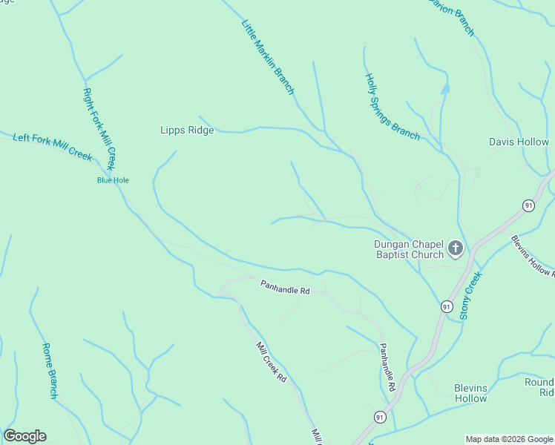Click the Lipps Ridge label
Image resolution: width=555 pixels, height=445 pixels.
tap(187, 131)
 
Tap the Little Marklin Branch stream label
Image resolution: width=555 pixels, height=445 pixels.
tap(268, 57)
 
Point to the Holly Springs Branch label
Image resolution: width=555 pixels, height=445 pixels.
tap(392, 106)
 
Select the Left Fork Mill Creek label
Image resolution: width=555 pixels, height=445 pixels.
tap(53, 146)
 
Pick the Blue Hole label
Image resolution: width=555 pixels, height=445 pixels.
tap(113, 180)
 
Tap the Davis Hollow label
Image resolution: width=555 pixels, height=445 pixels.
tap(519, 142)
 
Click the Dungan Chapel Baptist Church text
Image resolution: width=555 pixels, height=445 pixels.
tap(408, 249)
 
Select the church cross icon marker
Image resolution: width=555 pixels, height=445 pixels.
tap(456, 248)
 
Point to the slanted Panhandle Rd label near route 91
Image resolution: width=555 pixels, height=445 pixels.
tap(387, 367)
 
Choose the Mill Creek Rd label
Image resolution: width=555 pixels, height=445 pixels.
tap(272, 362)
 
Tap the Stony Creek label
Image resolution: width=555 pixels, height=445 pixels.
tap(470, 295)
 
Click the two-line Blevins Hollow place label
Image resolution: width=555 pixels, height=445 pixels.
tap(471, 393)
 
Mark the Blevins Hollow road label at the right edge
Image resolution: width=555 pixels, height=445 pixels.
tap(532, 256)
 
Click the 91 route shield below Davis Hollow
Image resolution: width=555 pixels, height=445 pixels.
tap(528, 205)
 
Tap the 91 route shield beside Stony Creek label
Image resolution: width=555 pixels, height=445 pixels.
tap(446, 306)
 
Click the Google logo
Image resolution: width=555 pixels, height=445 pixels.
tap(24, 436)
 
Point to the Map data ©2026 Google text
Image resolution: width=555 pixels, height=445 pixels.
tap(508, 439)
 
